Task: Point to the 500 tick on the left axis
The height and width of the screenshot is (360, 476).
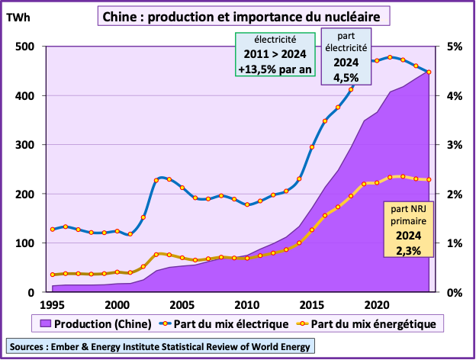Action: (24, 47)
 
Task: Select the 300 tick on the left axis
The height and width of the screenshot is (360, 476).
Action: (24, 145)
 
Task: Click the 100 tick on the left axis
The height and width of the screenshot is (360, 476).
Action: (24, 243)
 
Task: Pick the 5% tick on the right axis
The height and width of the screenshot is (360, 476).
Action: (454, 47)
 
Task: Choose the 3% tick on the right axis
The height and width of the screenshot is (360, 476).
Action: (454, 145)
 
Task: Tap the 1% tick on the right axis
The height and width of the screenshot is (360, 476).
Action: (454, 243)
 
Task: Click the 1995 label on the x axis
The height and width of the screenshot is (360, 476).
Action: (52, 304)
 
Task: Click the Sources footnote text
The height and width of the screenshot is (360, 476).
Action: (159, 346)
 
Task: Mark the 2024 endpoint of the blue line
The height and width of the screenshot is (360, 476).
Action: (429, 72)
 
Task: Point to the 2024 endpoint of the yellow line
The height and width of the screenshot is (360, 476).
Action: (429, 180)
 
